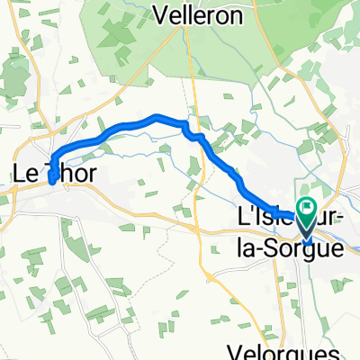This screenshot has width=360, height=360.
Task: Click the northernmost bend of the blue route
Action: pyautogui.click(x=157, y=116)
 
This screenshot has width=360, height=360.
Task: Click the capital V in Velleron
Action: pyautogui.click(x=163, y=14)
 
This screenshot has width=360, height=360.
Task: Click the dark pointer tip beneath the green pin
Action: pyautogui.click(x=308, y=240)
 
